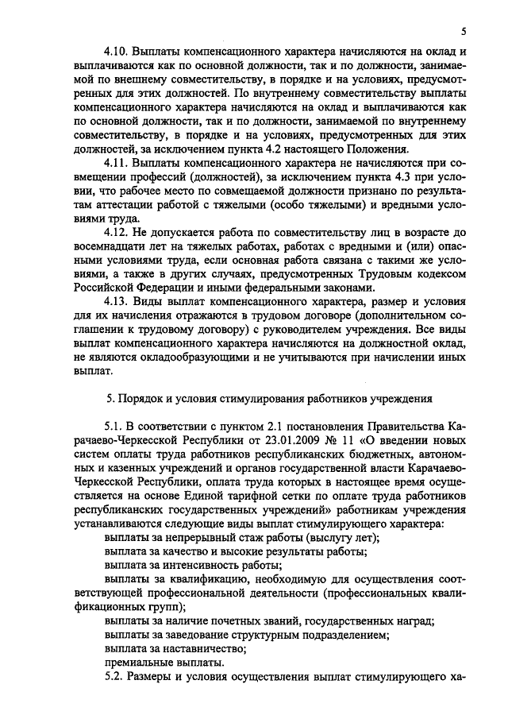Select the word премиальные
click(139, 662)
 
